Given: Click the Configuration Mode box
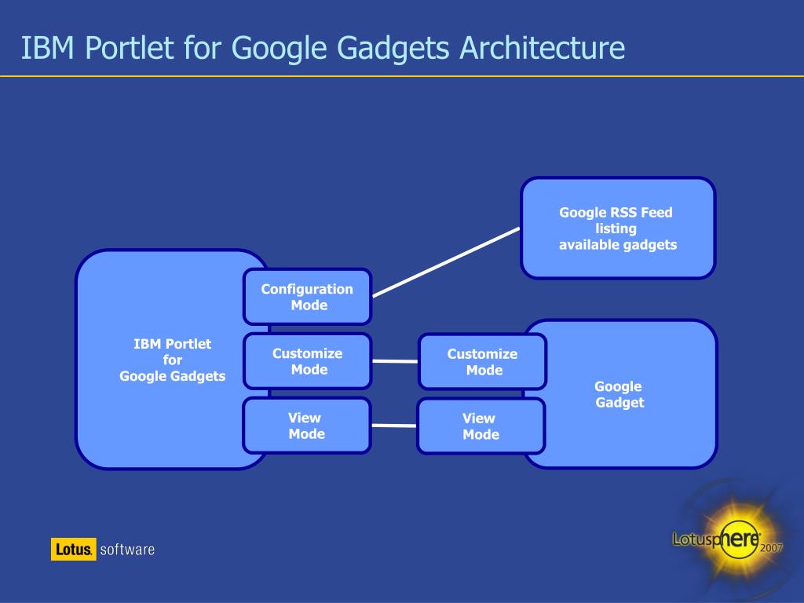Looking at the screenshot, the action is tap(307, 297).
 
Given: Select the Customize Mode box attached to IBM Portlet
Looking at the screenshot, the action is tap(307, 361).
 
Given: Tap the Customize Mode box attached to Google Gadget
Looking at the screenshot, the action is tap(482, 362).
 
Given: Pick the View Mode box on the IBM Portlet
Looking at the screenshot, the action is tap(306, 426).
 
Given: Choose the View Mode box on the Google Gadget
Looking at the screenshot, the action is tap(481, 426).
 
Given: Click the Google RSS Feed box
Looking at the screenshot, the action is tap(618, 228).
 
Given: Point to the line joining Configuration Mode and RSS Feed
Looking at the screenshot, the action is tap(446, 262).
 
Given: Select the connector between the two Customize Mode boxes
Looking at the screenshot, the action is tap(394, 361).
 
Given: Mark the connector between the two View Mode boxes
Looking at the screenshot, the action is tap(393, 426).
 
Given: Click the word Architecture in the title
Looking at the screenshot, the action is tap(543, 48).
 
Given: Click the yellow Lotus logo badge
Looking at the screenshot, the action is tap(74, 549).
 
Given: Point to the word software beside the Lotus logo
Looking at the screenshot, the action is tap(127, 550).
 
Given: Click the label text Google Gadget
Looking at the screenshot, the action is tap(619, 394).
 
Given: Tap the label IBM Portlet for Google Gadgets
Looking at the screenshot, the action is tap(172, 360).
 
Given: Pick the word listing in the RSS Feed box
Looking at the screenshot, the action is tap(616, 228).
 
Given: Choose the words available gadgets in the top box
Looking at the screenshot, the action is tap(617, 245).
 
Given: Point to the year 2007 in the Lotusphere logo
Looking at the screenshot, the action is tap(771, 548).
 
